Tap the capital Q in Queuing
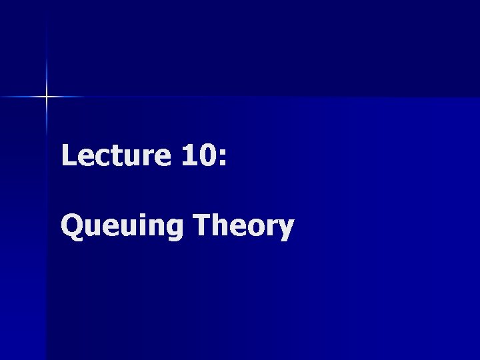72,227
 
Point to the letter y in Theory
285,231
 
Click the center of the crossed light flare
47,97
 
